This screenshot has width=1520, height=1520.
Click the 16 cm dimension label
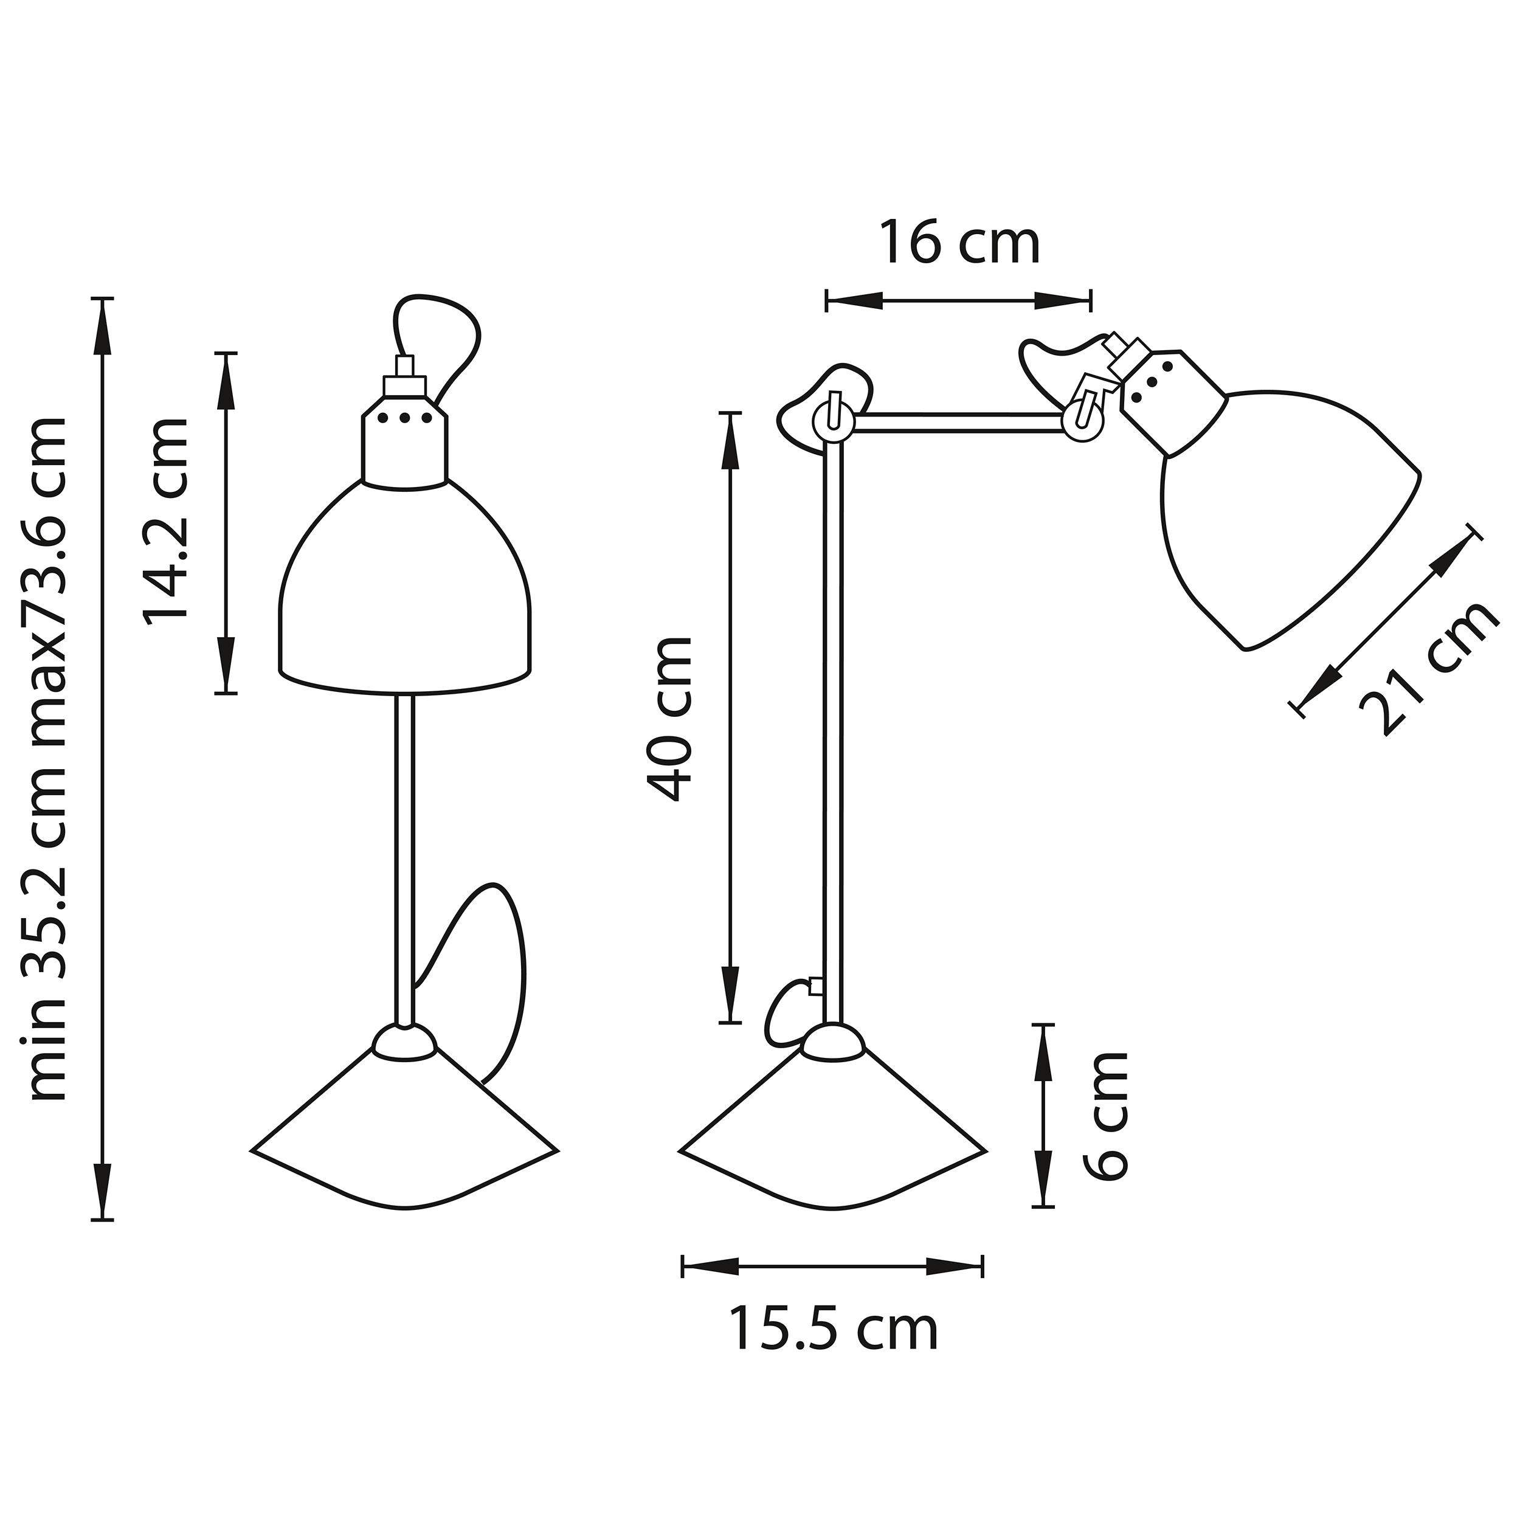point(959,243)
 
